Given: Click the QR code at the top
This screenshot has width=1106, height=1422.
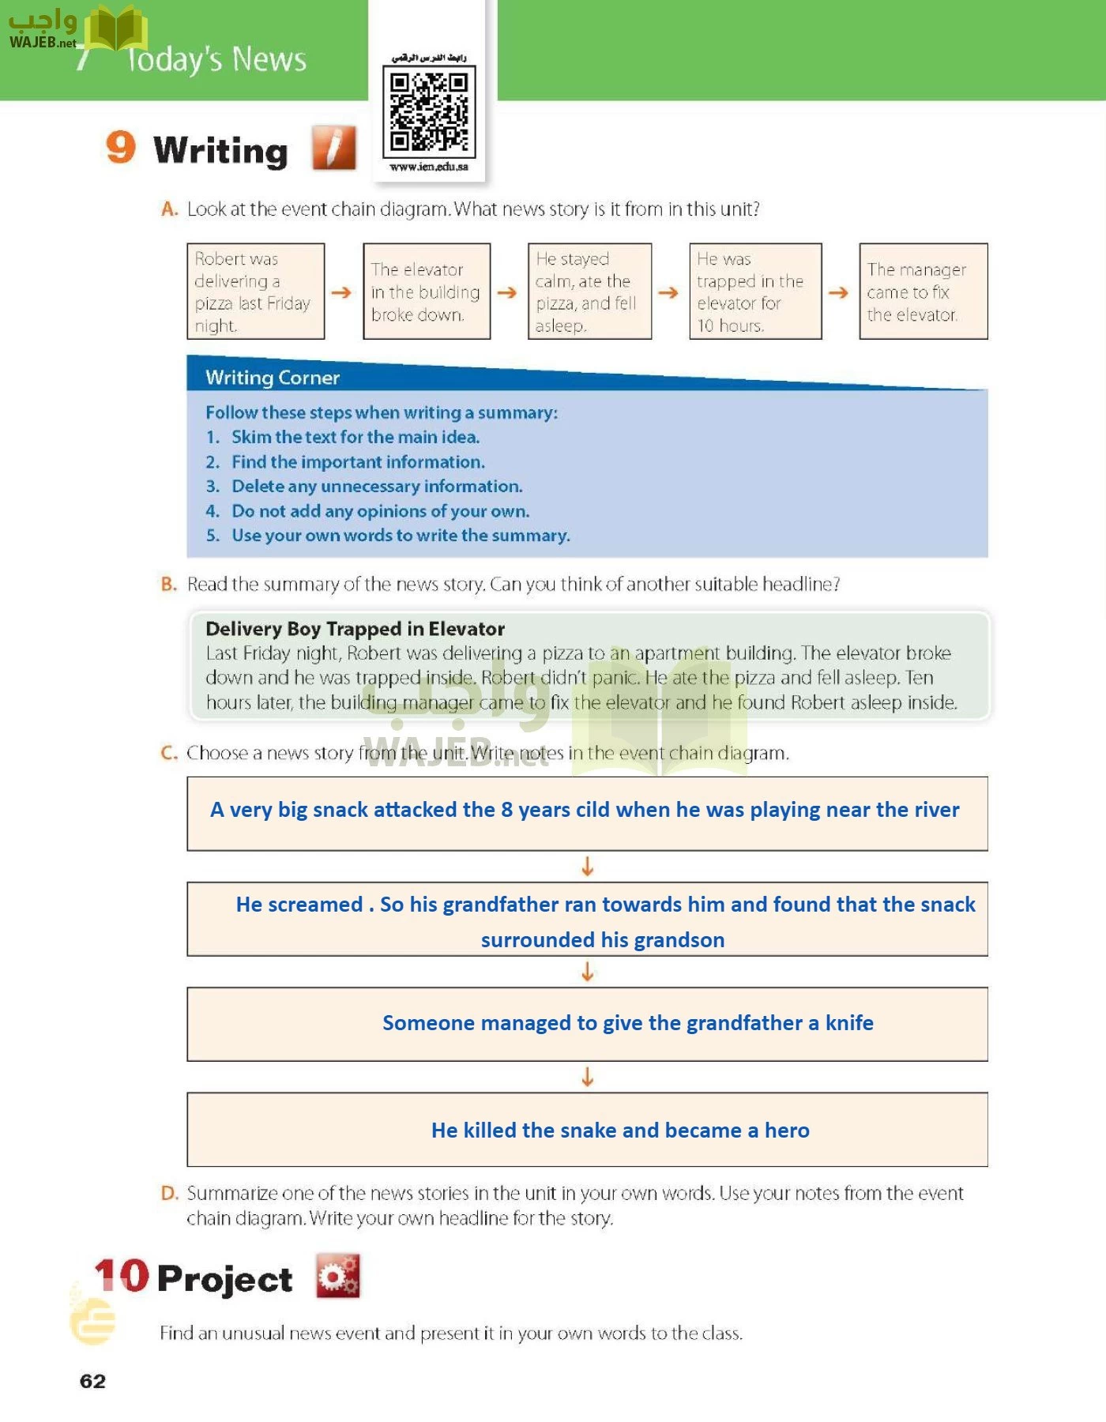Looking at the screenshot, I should click(429, 111).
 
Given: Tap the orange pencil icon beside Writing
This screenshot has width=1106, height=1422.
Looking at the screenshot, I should click(333, 148).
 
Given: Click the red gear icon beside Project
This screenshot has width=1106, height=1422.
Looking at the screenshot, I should click(337, 1275).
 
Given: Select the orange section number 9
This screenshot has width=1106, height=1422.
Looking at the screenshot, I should click(121, 148).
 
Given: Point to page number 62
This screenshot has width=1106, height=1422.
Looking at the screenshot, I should click(92, 1381).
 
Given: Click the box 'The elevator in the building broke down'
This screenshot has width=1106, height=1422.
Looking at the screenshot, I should click(427, 292).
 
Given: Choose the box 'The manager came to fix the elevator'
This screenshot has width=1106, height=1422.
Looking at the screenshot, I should click(923, 292).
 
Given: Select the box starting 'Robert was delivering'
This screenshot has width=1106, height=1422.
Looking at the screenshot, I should click(255, 292).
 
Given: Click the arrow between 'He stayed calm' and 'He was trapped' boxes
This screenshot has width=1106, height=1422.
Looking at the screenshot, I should click(668, 292).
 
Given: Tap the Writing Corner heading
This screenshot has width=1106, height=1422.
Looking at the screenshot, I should click(273, 378).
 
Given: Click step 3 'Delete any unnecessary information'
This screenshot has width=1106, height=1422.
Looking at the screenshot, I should click(376, 486).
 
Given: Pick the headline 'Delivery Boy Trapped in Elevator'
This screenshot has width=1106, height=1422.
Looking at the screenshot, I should click(355, 629).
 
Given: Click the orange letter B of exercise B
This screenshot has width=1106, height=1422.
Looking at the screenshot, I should click(168, 585).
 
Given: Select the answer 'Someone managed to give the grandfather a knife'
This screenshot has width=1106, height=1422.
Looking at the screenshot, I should click(628, 1023).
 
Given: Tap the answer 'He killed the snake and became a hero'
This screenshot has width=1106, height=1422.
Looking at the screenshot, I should click(620, 1130).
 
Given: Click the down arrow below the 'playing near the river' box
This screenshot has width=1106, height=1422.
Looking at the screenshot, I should click(587, 867).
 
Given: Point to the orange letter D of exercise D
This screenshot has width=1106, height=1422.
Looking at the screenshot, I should click(169, 1193).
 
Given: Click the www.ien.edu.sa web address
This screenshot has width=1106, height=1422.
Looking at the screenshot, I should click(429, 167).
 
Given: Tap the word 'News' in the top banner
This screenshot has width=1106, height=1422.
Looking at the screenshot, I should click(269, 60).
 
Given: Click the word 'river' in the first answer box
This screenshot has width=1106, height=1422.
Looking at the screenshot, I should click(935, 810).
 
